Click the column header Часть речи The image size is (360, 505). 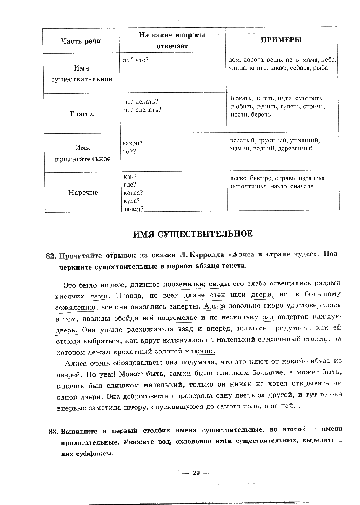click(x=81, y=41)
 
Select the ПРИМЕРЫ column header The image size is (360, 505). click(x=282, y=40)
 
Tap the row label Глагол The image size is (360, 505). click(x=82, y=114)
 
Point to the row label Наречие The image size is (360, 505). click(x=83, y=192)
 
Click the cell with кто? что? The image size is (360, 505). click(x=135, y=60)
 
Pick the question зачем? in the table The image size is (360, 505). click(x=134, y=209)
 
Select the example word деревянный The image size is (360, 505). click(x=296, y=148)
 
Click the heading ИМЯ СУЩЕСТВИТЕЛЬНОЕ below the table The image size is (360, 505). click(x=193, y=234)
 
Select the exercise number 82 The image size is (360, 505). click(x=50, y=256)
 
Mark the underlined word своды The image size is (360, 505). click(x=219, y=284)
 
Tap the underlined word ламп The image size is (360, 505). click(x=99, y=296)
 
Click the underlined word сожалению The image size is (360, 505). click(x=76, y=307)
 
